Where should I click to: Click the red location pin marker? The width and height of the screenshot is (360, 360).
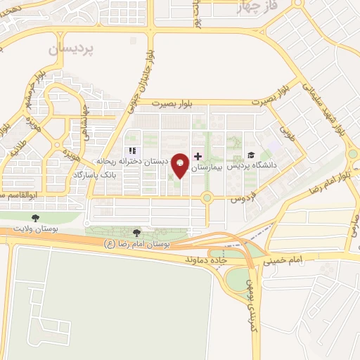181,164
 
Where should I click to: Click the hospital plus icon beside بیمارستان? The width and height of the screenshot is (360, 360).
198,156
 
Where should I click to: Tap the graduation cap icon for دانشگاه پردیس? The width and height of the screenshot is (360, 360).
251,155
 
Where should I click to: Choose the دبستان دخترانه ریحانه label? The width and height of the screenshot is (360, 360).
136,161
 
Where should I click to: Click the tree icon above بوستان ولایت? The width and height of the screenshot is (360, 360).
33,218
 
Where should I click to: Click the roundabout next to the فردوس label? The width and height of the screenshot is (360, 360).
207,198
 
